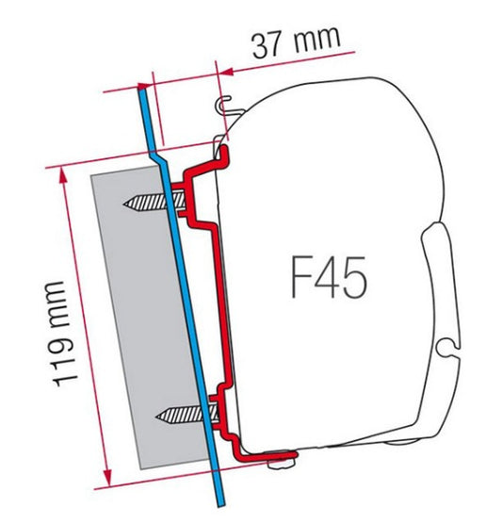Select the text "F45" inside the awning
point(326,278)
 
